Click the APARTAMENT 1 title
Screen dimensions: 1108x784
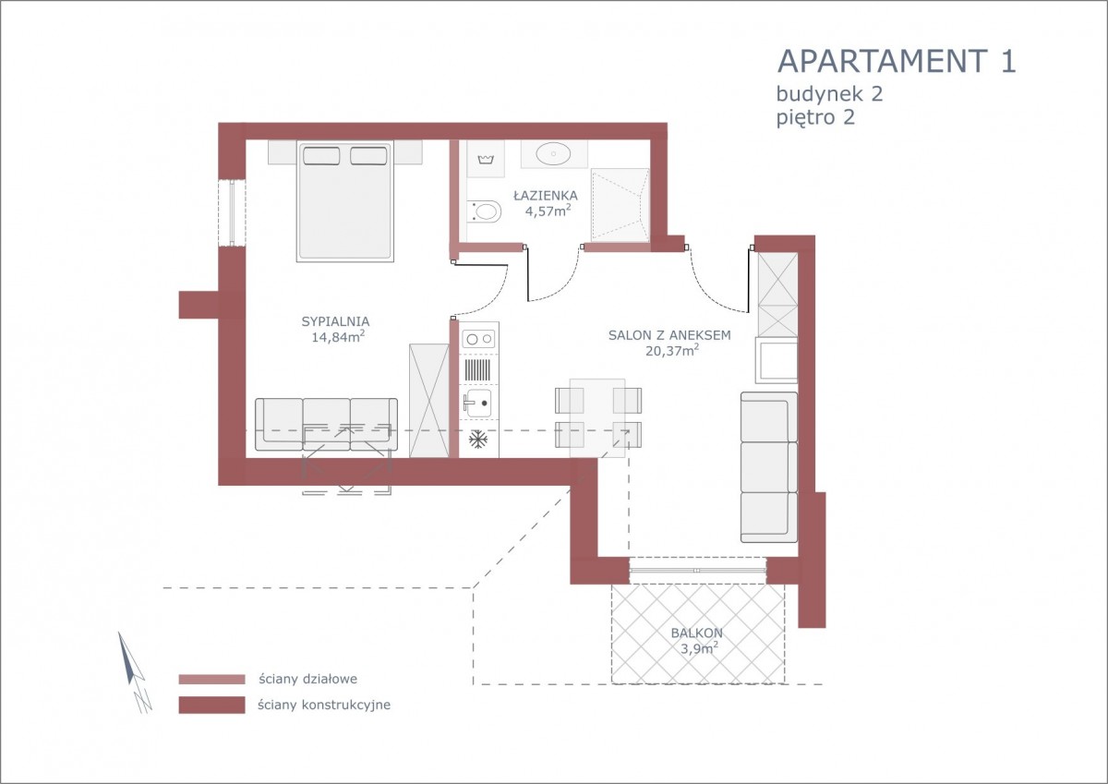coord(897,61)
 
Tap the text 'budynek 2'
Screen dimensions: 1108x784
coord(829,93)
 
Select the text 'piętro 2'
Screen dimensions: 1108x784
coord(815,118)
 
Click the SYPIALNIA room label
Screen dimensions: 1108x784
coord(335,321)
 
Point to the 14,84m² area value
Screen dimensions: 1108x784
coord(338,337)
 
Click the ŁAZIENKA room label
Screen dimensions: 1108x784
coord(546,195)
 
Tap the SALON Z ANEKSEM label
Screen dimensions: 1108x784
coord(669,335)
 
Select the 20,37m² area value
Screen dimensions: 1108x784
coord(672,350)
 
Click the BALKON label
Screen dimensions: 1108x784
coord(696,633)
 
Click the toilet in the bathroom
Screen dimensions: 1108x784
coord(484,211)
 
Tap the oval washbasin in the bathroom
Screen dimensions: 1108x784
coord(553,153)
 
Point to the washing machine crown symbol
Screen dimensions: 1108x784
coord(486,159)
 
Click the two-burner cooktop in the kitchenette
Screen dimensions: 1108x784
coord(479,339)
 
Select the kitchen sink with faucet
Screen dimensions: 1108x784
coord(477,403)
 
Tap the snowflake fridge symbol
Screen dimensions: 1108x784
coord(478,440)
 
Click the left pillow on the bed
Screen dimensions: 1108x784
coord(321,156)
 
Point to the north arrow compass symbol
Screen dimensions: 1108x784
coord(134,672)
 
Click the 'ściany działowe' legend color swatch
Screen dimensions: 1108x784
coord(211,679)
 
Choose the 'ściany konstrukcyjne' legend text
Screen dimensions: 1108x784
coord(324,705)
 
